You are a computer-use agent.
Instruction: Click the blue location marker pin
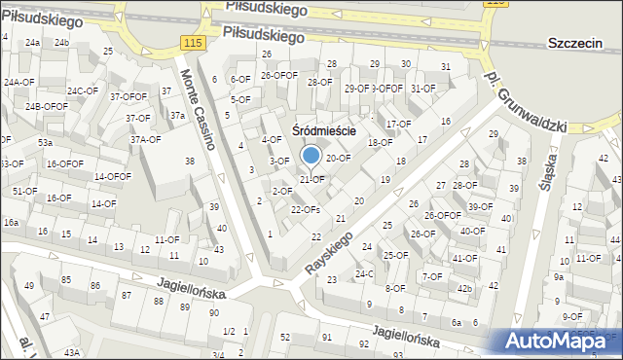311,156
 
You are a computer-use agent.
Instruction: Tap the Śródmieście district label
324,130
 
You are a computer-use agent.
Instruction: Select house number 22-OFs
306,209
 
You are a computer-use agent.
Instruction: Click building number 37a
177,116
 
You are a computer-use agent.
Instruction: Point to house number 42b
464,288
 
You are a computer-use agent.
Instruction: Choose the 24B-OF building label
44,106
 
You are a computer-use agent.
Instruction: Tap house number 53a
45,143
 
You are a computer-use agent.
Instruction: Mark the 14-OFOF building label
112,176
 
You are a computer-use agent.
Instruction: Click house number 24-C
364,274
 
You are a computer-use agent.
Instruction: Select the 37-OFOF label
128,96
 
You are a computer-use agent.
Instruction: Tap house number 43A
72,352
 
